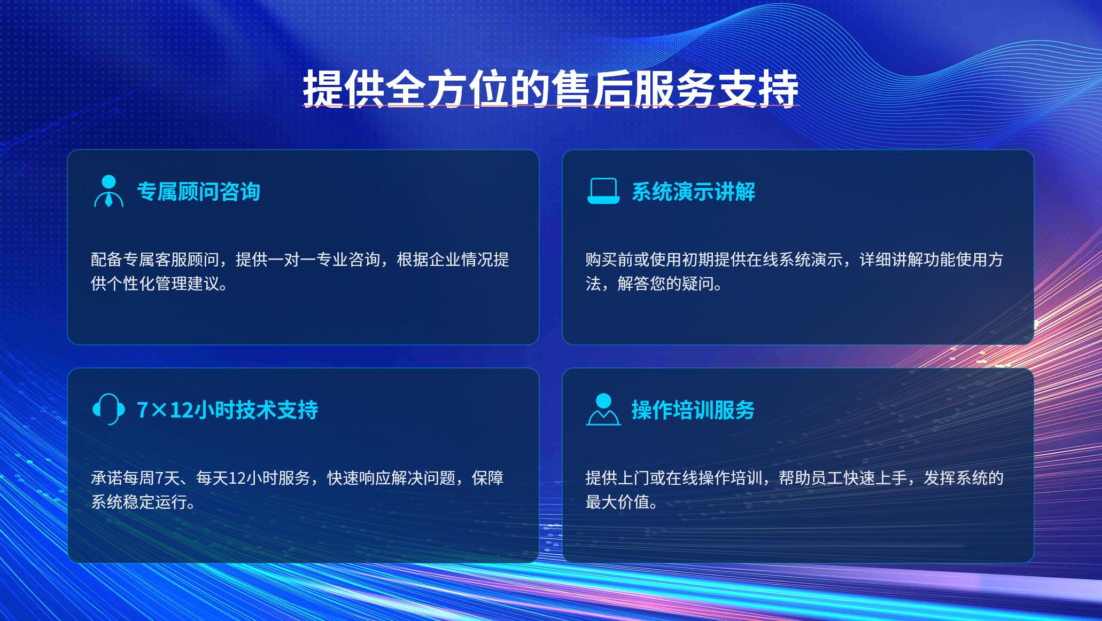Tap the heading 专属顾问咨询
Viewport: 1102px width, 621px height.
coord(198,192)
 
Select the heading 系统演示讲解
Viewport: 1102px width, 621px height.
coord(693,192)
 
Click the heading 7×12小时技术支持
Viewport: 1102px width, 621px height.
coord(227,410)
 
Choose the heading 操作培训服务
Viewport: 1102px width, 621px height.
coord(693,410)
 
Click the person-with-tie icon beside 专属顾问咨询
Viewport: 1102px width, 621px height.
coord(109,191)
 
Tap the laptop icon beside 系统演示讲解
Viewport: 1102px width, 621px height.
coord(603,191)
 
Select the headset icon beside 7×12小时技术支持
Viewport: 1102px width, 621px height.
coord(109,409)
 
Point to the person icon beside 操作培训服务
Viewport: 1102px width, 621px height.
coord(603,409)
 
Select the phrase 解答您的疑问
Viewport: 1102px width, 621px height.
coord(665,284)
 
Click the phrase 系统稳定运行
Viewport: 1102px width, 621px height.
coord(139,502)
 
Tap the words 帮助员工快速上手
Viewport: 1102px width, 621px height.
coord(843,478)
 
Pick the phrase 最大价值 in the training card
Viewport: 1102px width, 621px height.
coord(617,502)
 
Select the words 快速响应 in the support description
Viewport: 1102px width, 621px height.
coord(359,478)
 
